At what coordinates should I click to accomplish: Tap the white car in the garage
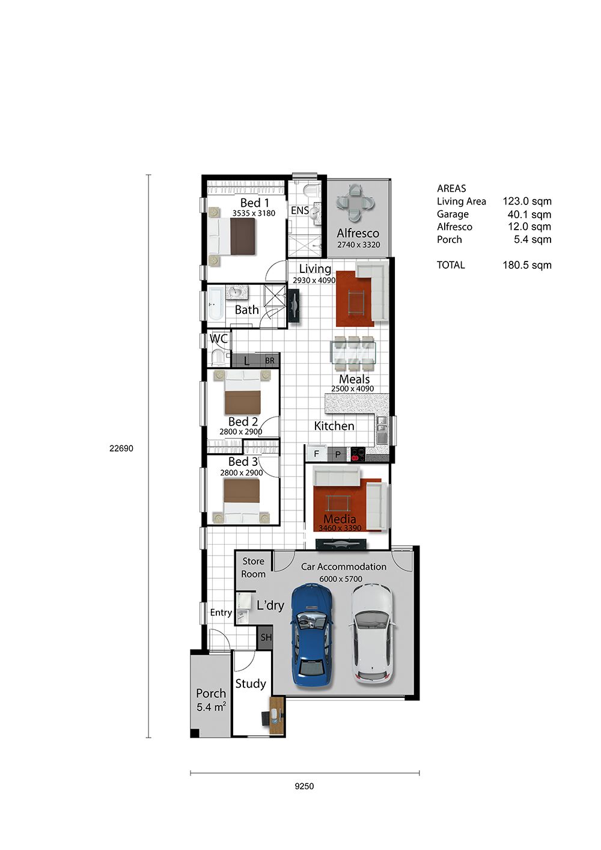pyautogui.click(x=371, y=632)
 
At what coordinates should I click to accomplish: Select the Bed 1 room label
pyautogui.click(x=255, y=203)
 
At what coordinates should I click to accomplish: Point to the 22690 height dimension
pyautogui.click(x=121, y=448)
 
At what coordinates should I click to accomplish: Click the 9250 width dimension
pyautogui.click(x=304, y=786)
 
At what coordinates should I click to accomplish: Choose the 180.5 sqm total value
pyautogui.click(x=527, y=265)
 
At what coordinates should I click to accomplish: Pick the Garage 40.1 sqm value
pyautogui.click(x=529, y=215)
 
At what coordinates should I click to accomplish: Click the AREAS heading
pyautogui.click(x=451, y=189)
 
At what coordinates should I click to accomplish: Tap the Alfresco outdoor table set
pyautogui.click(x=355, y=203)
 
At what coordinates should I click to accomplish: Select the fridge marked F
pyautogui.click(x=317, y=453)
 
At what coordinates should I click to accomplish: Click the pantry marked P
pyautogui.click(x=338, y=454)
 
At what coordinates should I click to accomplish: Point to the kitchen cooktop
pyautogui.click(x=358, y=454)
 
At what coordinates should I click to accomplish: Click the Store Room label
pyautogui.click(x=254, y=567)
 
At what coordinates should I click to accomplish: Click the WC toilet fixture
pyautogui.click(x=219, y=357)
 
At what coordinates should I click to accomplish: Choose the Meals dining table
pyautogui.click(x=353, y=352)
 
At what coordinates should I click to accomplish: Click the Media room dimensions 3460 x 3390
pyautogui.click(x=340, y=528)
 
